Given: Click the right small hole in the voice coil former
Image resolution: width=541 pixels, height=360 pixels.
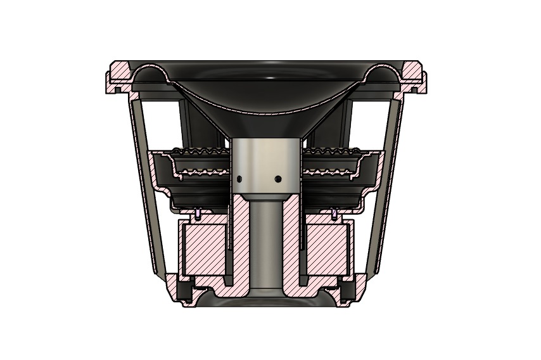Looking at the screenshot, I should tap(279, 179).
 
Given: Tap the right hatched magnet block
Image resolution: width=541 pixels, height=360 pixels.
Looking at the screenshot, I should tap(328, 248).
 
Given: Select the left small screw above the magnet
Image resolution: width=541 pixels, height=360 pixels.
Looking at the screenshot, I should tap(198, 214).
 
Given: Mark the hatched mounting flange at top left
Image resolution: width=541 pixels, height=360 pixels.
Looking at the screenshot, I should tap(119, 75).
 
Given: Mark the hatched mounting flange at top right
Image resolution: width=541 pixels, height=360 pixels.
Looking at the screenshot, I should tap(415, 75).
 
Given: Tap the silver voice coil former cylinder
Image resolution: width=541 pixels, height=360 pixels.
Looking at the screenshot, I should tap(265, 158).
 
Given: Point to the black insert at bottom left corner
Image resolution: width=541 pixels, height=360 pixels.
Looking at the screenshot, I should tap(184, 292).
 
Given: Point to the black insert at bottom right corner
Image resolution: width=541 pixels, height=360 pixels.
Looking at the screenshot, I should tap(349, 292).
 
